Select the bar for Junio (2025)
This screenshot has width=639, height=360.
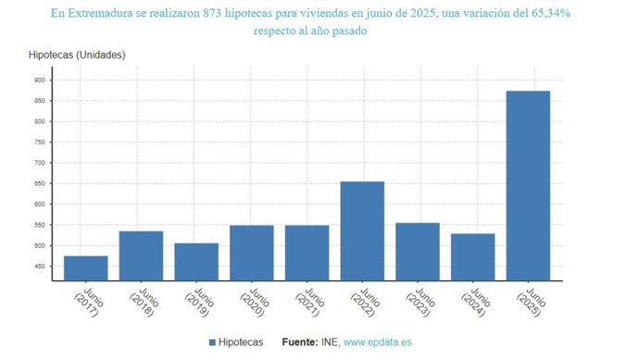pyautogui.click(x=528, y=185)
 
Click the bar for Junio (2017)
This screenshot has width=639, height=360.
pyautogui.click(x=85, y=267)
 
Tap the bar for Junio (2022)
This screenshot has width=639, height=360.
pyautogui.click(x=362, y=230)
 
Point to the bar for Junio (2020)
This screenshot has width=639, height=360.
pyautogui.click(x=252, y=252)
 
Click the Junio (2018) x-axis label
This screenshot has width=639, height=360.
pyautogui.click(x=139, y=301)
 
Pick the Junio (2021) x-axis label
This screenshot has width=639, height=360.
pyautogui.click(x=305, y=301)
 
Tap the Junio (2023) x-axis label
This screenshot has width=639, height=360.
pyautogui.click(x=416, y=301)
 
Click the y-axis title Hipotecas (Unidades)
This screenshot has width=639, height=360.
pyautogui.click(x=78, y=55)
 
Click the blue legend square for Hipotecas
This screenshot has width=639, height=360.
pyautogui.click(x=212, y=343)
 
